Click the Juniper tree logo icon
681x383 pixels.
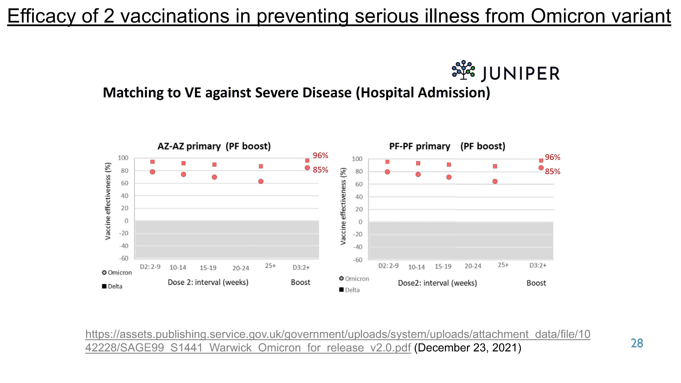tap(463, 70)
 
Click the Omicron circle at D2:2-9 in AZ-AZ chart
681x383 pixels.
tap(153, 172)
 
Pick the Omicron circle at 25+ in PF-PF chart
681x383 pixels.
tap(495, 181)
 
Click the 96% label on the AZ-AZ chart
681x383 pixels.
tap(320, 155)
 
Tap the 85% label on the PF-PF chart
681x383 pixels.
tap(553, 172)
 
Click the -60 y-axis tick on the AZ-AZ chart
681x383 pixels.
tap(123, 258)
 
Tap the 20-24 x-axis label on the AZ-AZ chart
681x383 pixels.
tap(240, 268)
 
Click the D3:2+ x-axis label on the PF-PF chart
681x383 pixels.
tap(538, 265)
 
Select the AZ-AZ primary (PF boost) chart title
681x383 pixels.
tap(214, 146)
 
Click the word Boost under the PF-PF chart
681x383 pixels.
tap(536, 283)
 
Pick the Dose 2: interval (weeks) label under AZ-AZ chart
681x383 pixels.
tap(208, 282)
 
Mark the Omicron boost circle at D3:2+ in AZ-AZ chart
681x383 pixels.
tap(307, 168)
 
